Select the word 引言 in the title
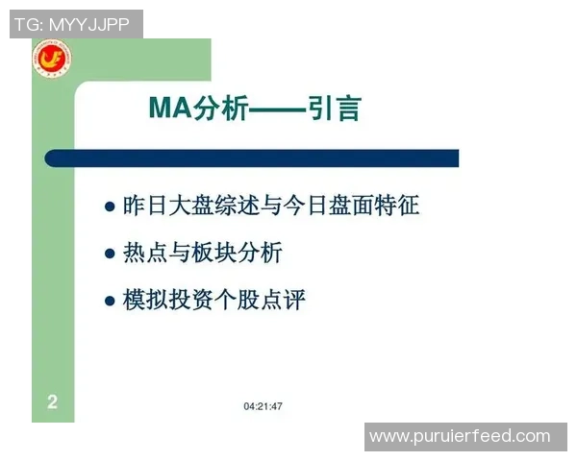pos(335,108)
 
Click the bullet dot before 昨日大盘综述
pos(109,206)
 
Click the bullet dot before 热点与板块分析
pos(109,255)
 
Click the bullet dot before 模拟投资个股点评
pos(109,302)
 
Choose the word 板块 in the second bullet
pos(222,254)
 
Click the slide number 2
pos(52,402)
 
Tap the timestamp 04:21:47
pos(263,406)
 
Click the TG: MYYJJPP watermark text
pos(71,24)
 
